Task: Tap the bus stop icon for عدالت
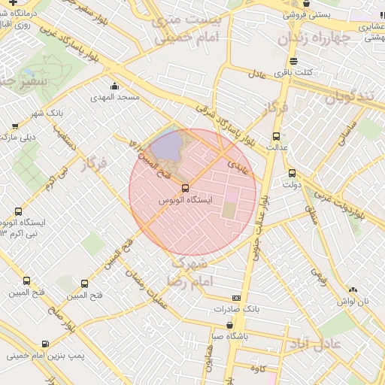pyautogui.click(x=276, y=136)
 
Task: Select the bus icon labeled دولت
pyautogui.click(x=292, y=173)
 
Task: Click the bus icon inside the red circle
pyautogui.click(x=186, y=189)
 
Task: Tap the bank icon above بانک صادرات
pyautogui.click(x=236, y=298)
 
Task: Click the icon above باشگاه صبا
pyautogui.click(x=229, y=326)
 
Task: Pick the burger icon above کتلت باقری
pyautogui.click(x=293, y=61)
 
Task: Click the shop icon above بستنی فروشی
pyautogui.click(x=306, y=4)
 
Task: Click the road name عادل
pyautogui.click(x=258, y=74)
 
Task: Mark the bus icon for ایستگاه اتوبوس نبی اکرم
pyautogui.click(x=18, y=212)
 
